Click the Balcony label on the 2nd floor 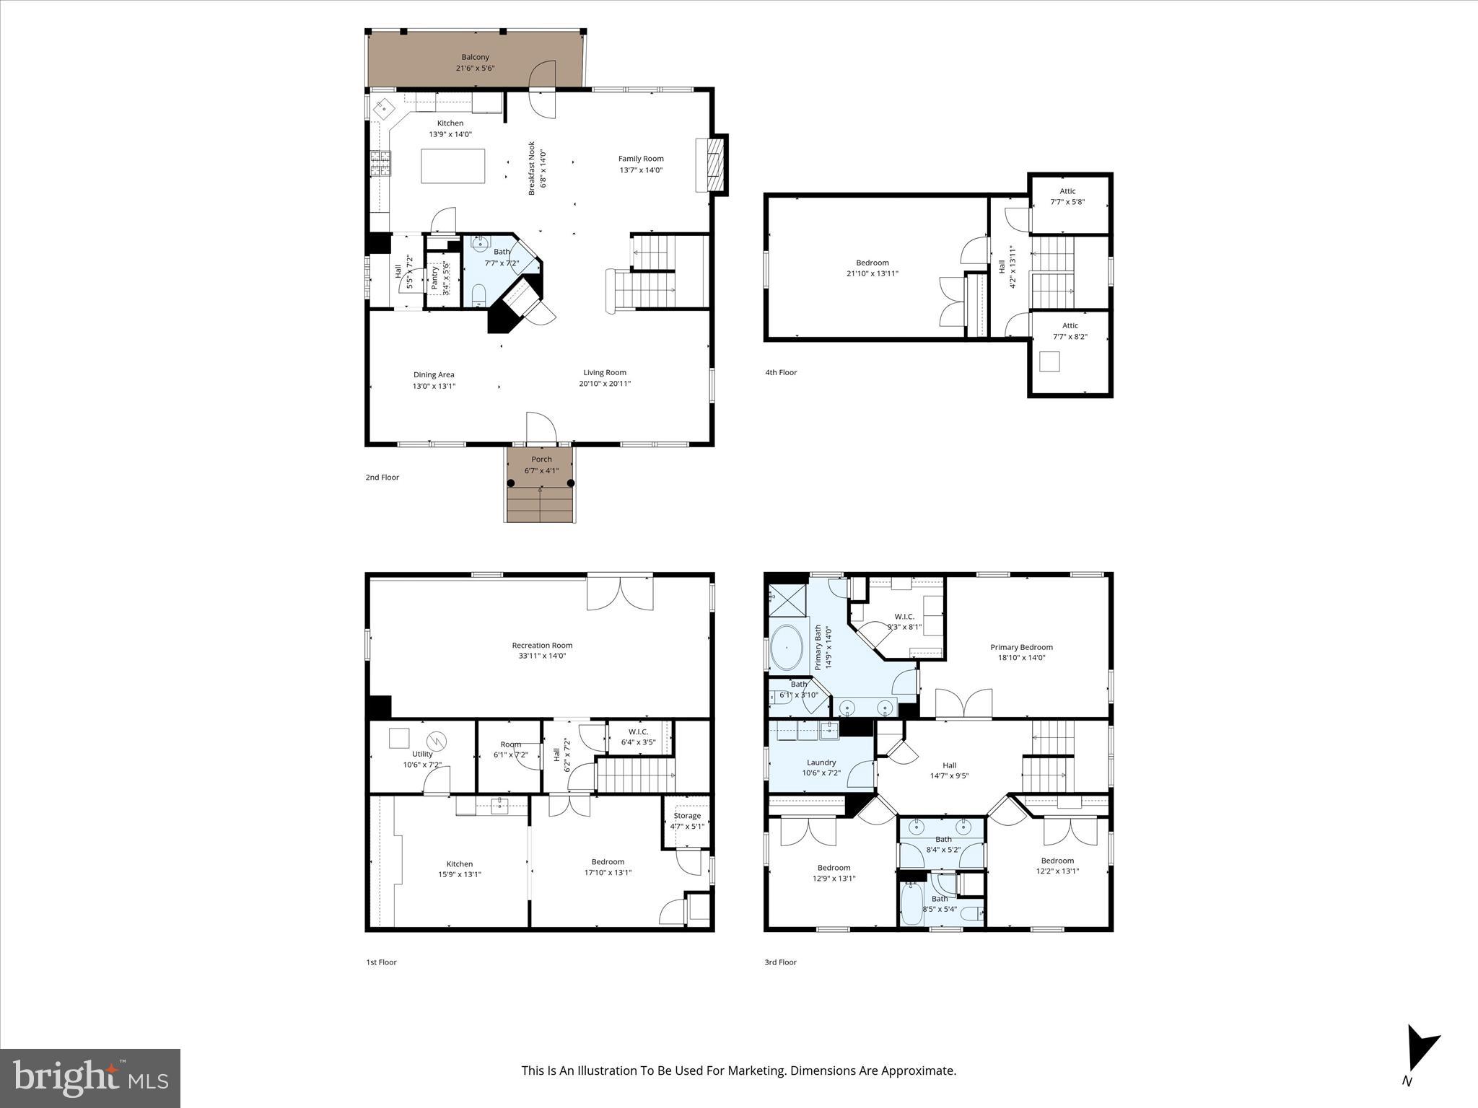pos(475,57)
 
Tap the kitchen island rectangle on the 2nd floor pos(452,166)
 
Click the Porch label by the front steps pos(541,460)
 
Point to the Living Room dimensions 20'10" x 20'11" pos(604,384)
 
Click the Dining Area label pos(434,374)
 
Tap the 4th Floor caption pos(781,372)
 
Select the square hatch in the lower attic pos(1049,361)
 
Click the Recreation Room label pos(542,646)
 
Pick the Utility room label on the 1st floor pos(422,754)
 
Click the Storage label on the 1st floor pos(686,816)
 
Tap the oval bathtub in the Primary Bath pos(787,647)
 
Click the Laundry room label pos(821,762)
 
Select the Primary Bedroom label pos(1021,647)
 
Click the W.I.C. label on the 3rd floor pos(904,617)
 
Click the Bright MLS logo pos(90,1078)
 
